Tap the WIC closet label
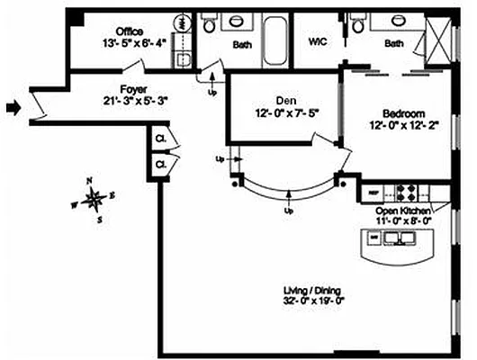pyautogui.click(x=318, y=41)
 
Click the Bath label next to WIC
pyautogui.click(x=394, y=43)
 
